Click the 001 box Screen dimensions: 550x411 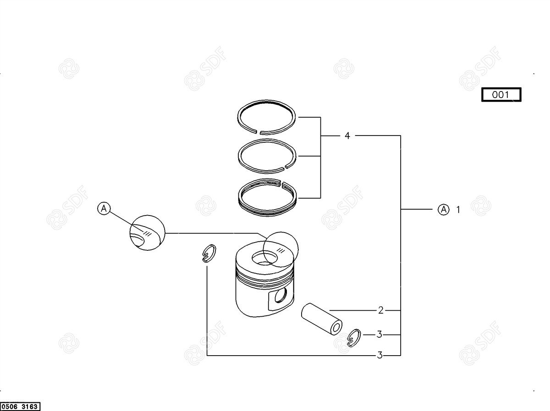[501, 95]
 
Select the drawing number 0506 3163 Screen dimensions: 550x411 [20, 406]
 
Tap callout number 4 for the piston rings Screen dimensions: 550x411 [347, 135]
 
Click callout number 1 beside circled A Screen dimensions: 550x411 [458, 209]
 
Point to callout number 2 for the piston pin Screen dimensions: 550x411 [381, 310]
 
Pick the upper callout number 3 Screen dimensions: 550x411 [379, 334]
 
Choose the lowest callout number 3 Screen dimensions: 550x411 [380, 355]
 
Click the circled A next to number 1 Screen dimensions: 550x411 [444, 209]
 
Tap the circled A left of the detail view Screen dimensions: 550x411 [104, 208]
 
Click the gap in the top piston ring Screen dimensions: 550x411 [258, 131]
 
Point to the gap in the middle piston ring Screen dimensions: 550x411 [285, 168]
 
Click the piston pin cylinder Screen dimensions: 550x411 [322, 319]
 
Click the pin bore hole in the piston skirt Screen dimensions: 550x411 [280, 295]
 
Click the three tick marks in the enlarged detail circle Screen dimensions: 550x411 [147, 234]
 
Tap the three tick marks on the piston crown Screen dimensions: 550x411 [280, 251]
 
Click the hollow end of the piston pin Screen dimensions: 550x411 [336, 328]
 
